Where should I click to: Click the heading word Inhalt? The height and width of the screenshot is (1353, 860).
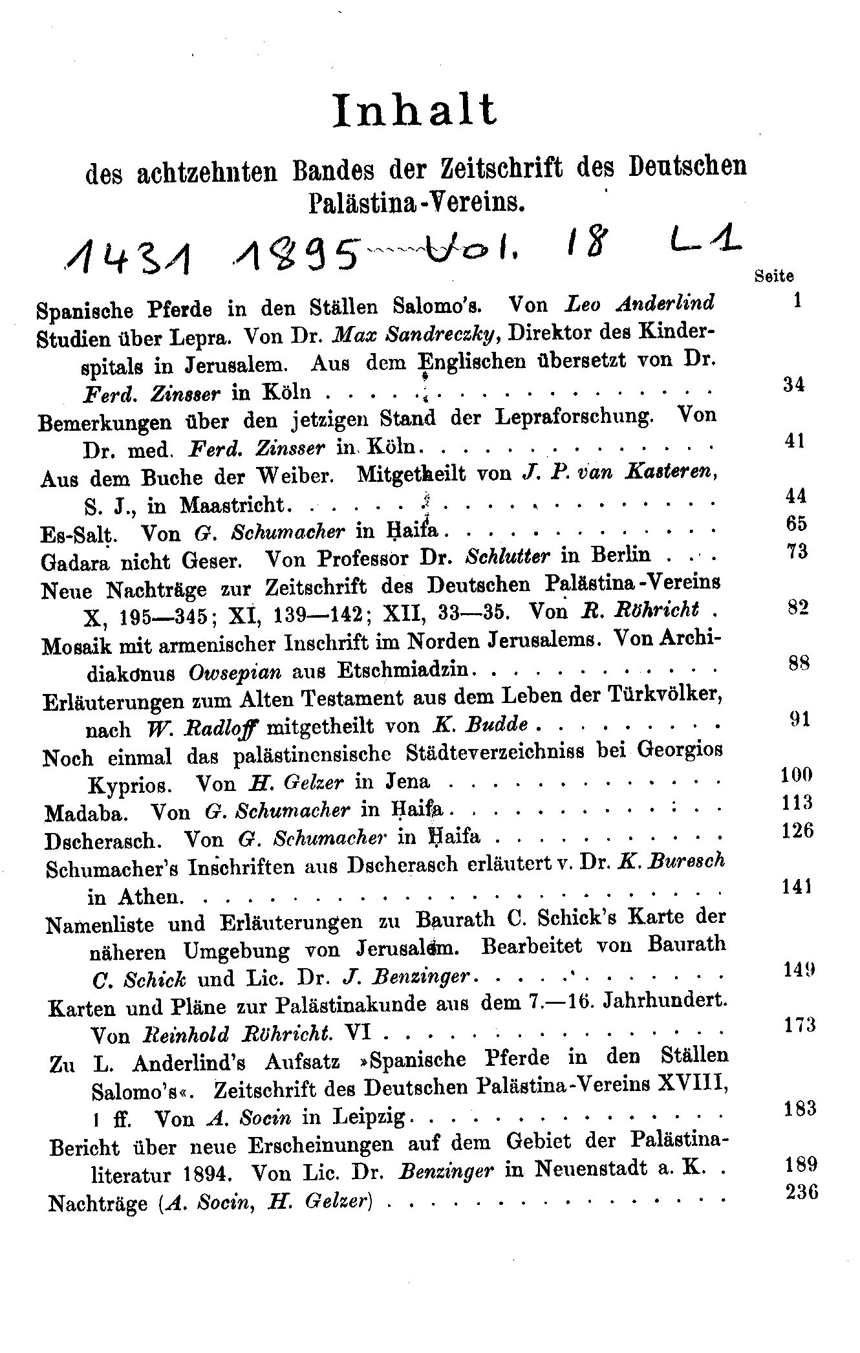click(414, 110)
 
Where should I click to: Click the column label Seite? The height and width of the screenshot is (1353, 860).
click(774, 276)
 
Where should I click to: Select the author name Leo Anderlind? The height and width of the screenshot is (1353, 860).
click(640, 303)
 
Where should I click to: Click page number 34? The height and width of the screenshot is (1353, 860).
click(793, 385)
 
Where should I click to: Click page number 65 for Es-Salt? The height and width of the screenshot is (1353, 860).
click(796, 523)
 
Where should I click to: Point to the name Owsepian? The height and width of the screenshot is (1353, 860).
click(235, 672)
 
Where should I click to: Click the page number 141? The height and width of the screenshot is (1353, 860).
click(795, 887)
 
